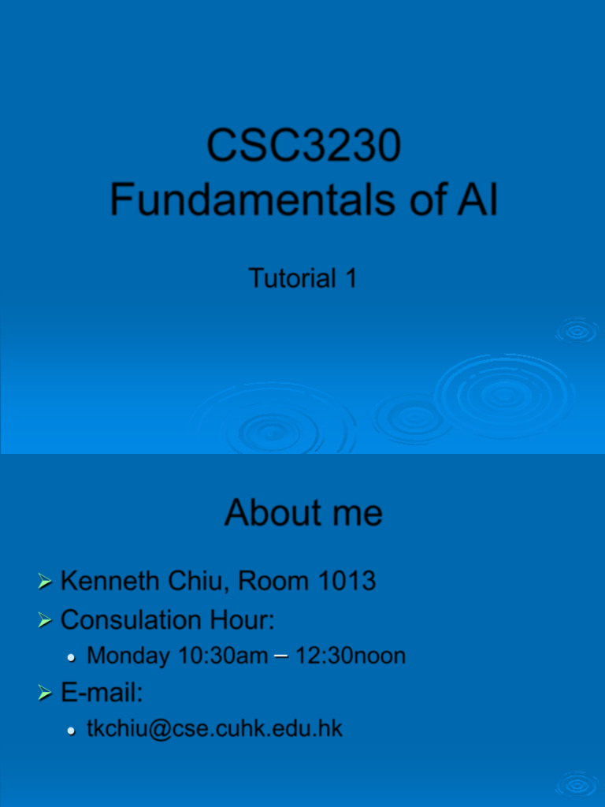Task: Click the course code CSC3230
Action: (x=303, y=146)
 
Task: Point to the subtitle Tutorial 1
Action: (x=302, y=277)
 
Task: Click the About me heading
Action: (x=303, y=513)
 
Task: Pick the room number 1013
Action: (x=347, y=582)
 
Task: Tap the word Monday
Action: (x=128, y=656)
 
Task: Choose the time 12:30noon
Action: (x=351, y=656)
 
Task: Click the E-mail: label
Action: (x=102, y=694)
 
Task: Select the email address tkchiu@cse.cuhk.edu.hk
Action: (x=214, y=729)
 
